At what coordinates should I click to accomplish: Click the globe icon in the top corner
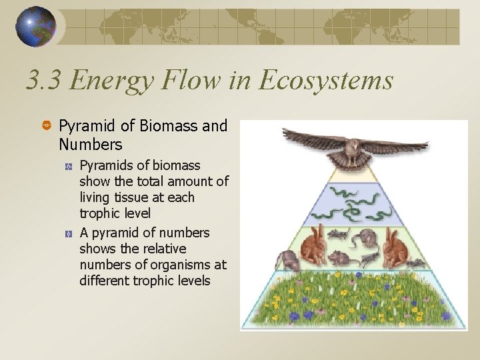tap(37, 27)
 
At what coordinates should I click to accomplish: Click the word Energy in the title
tap(109, 81)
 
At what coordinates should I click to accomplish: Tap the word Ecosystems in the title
tap(326, 81)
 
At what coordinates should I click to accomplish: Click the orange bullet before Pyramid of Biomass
tap(47, 126)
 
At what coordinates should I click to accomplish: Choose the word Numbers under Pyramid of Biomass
tap(90, 144)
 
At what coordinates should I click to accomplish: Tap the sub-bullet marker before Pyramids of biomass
tap(69, 165)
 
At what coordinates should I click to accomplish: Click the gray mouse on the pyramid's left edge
tap(286, 259)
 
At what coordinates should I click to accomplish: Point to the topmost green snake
tap(347, 192)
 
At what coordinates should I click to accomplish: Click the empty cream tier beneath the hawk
tap(353, 175)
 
